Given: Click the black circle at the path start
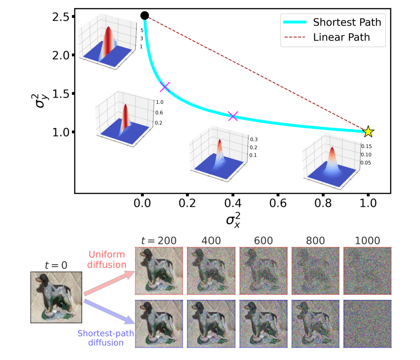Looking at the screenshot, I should point(145,16).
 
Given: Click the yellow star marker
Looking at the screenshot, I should point(368,132).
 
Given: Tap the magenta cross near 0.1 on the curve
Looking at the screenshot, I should point(164,87).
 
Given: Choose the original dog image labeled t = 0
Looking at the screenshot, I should point(57,297).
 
